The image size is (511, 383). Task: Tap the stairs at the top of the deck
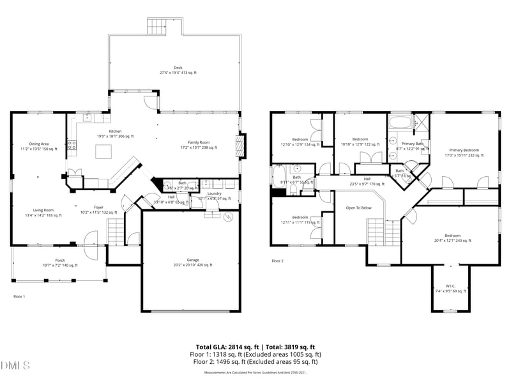[x=157, y=27]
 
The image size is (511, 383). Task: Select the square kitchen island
[x=103, y=151]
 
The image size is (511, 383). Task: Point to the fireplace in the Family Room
[x=240, y=145]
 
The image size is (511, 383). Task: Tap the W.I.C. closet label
[x=451, y=289]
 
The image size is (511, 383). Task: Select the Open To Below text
[x=358, y=208]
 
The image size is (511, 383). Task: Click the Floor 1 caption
[x=19, y=297]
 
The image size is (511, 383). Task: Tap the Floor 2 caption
[x=277, y=261]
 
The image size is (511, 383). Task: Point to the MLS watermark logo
[x=15, y=366]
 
